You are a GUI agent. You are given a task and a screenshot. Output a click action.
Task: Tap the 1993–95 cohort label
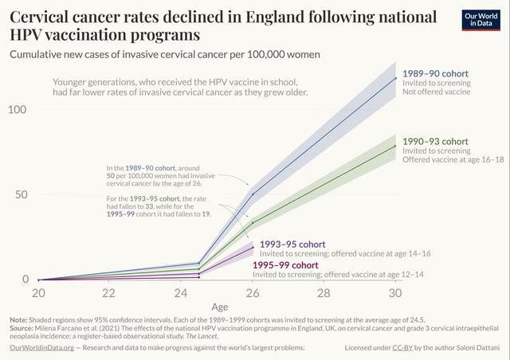[x=290, y=244]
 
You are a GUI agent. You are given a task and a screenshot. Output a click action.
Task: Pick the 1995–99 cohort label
[x=285, y=264]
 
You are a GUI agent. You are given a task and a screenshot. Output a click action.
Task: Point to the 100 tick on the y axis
[x=18, y=108]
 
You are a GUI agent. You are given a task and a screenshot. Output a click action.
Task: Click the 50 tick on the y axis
[x=21, y=194]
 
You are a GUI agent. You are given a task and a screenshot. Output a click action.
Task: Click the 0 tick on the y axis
[x=25, y=280]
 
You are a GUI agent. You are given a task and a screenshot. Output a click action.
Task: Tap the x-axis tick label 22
[x=109, y=293]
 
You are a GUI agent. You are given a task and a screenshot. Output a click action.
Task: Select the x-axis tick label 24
[x=181, y=293]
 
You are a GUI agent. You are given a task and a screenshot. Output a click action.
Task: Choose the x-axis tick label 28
[x=324, y=293]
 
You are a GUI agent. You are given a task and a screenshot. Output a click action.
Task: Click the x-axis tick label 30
[x=395, y=293]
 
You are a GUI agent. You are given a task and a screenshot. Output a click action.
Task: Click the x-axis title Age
[x=219, y=307]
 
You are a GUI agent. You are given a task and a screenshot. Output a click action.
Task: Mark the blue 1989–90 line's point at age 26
[x=253, y=194]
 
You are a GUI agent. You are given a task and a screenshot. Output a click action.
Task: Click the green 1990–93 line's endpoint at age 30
[x=395, y=145]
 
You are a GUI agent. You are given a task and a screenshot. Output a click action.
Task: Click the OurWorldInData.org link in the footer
[x=41, y=348]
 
